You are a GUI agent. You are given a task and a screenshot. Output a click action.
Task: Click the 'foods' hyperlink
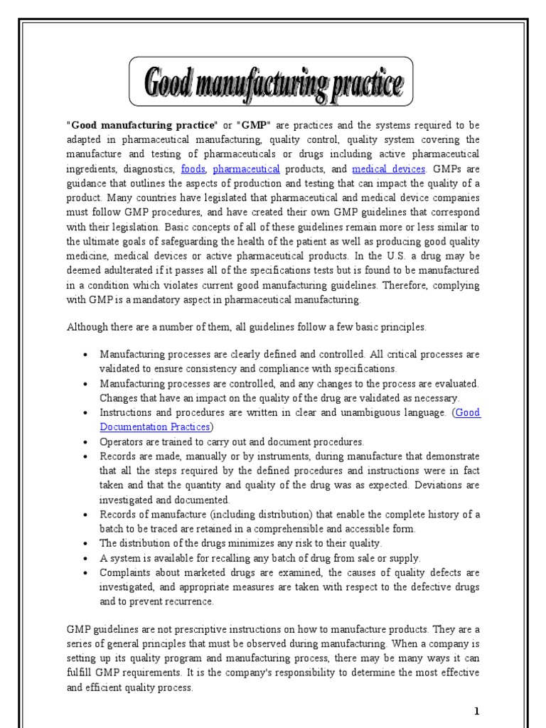[193, 168]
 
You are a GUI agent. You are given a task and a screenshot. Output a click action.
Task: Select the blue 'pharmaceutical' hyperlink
[246, 168]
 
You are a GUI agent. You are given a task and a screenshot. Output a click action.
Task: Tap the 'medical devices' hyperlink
[388, 168]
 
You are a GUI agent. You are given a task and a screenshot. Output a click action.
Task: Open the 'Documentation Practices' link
[155, 427]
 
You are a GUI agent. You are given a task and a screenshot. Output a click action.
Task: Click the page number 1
[478, 711]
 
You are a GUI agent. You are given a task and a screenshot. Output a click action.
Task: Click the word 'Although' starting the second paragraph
[87, 327]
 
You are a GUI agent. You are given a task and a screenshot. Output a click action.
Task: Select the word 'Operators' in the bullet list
[121, 441]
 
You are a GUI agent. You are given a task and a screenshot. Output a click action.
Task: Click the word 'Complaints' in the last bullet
[126, 572]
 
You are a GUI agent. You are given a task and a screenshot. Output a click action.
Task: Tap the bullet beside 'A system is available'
[86, 558]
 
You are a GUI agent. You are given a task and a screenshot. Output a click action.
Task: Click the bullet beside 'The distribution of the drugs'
[86, 544]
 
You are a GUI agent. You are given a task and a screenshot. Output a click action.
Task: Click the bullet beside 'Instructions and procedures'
[86, 412]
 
